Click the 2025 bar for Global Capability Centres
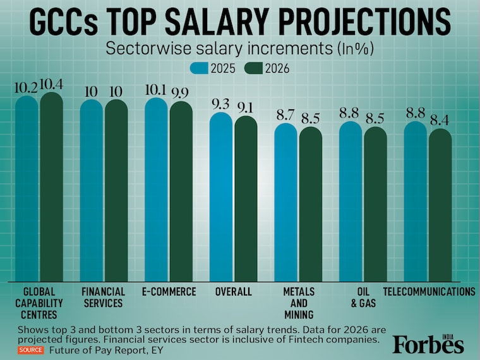pos(27,189)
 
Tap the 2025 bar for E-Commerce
pos(156,189)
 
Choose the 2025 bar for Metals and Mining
pos(285,202)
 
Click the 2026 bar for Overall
pos(246,199)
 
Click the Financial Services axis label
pos(104,297)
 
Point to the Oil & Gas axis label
pos(363,297)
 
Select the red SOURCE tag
pos(31,349)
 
